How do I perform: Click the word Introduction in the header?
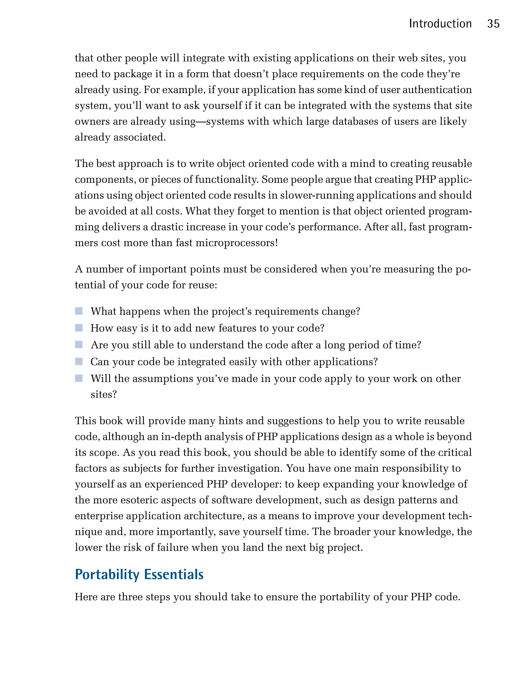pyautogui.click(x=440, y=24)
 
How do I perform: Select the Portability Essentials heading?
pyautogui.click(x=139, y=574)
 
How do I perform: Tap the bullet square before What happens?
pyautogui.click(x=79, y=311)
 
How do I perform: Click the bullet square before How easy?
pyautogui.click(x=79, y=328)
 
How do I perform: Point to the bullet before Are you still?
pyautogui.click(x=79, y=345)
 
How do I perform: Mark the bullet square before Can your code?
pyautogui.click(x=79, y=362)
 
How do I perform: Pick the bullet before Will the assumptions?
pyautogui.click(x=79, y=378)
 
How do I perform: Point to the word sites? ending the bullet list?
pyautogui.click(x=104, y=395)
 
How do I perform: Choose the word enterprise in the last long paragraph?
pyautogui.click(x=99, y=516)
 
